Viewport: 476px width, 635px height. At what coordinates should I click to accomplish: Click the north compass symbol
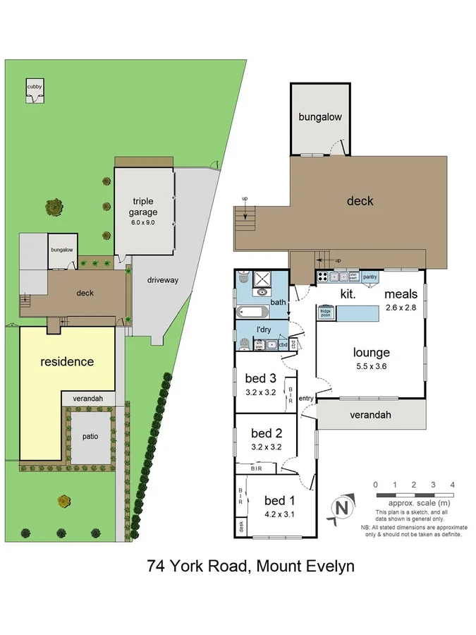pyautogui.click(x=341, y=507)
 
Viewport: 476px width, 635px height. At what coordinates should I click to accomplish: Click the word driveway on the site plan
pyautogui.click(x=162, y=280)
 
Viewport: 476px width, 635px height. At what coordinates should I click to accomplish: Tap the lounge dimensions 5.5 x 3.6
pyautogui.click(x=372, y=366)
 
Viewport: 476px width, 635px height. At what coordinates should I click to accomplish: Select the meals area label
pyautogui.click(x=401, y=294)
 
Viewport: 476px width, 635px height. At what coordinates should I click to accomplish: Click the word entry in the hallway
pyautogui.click(x=306, y=399)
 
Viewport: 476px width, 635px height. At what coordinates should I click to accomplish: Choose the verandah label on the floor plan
pyautogui.click(x=370, y=415)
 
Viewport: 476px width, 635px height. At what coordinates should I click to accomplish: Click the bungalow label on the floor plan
pyautogui.click(x=319, y=116)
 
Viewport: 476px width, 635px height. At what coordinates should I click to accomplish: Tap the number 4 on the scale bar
pyautogui.click(x=452, y=484)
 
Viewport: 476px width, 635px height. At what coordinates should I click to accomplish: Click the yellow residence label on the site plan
pyautogui.click(x=67, y=362)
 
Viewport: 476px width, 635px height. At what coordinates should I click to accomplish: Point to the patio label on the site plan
pyautogui.click(x=89, y=435)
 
